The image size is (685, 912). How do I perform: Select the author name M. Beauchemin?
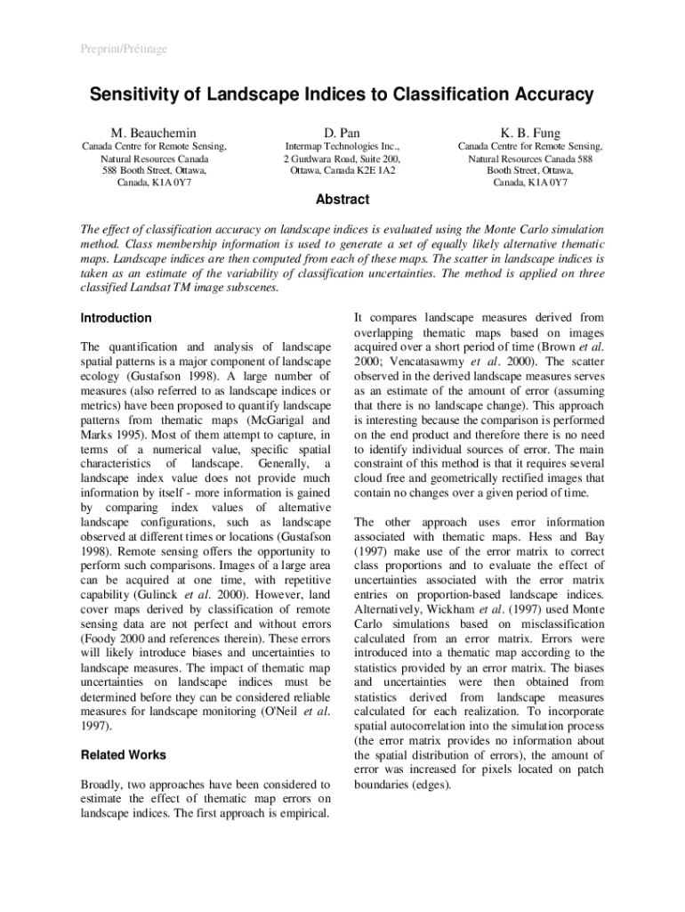click(153, 133)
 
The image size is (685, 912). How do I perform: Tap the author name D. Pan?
click(342, 133)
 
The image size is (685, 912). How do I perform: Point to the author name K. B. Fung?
click(529, 133)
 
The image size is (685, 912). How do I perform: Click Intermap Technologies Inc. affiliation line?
click(342, 146)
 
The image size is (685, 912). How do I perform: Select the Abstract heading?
click(342, 199)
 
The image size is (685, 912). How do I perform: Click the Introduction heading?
click(116, 318)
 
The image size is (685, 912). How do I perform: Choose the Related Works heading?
click(123, 754)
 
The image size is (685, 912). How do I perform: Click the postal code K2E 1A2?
click(376, 170)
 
